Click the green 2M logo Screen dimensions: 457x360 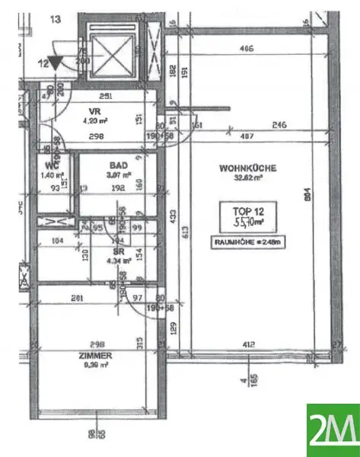point(333,430)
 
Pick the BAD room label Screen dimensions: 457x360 point(118,164)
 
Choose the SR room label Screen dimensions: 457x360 point(119,251)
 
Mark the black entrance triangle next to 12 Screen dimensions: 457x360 point(57,64)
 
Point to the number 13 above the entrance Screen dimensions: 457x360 point(55,21)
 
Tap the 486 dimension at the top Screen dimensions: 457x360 point(245,48)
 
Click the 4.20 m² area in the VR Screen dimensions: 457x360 point(91,119)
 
